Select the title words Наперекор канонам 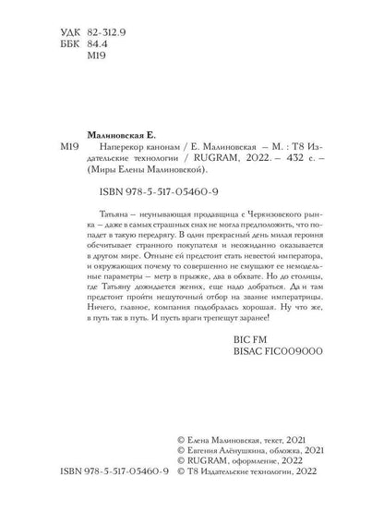133,152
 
